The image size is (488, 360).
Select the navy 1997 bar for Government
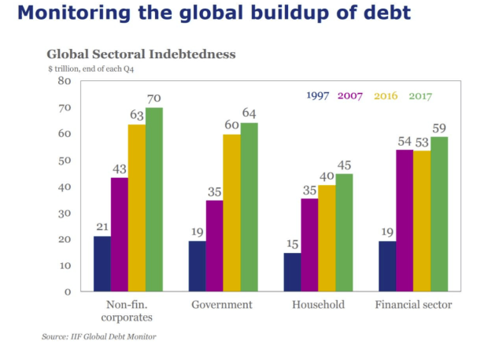(197, 266)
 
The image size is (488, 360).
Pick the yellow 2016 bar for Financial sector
(422, 221)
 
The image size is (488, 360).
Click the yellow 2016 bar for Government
(231, 213)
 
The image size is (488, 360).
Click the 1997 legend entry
(318, 96)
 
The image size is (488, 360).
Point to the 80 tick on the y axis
(65, 81)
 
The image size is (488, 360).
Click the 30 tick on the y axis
(65, 213)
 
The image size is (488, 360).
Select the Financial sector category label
(413, 305)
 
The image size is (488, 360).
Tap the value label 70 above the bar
(153, 99)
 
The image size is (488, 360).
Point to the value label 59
(439, 128)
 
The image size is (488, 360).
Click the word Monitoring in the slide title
(73, 15)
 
